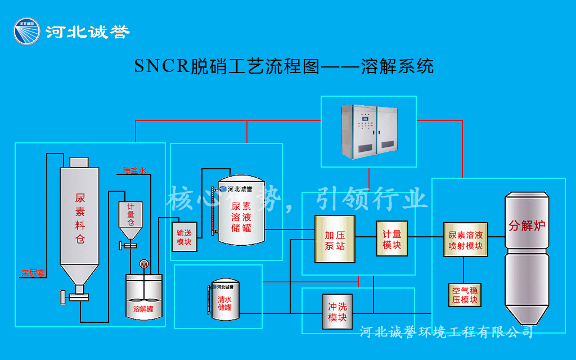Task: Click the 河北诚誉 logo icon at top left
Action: (x=27, y=31)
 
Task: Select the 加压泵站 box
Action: (x=335, y=239)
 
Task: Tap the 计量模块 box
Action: (x=391, y=238)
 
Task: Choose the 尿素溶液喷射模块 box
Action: (x=465, y=239)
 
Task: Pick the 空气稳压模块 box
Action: (x=465, y=295)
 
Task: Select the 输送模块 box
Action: (x=184, y=237)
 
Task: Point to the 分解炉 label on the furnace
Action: (x=527, y=226)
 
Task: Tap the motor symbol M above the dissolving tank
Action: (x=143, y=264)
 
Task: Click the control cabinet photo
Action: (x=368, y=130)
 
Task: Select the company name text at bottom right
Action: (x=446, y=332)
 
